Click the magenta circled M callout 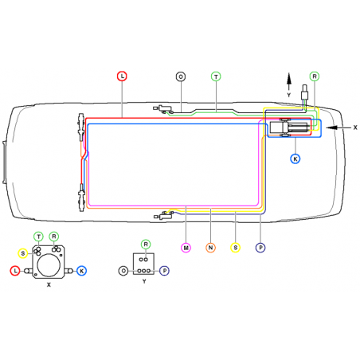point(186,248)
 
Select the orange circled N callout point(211,248)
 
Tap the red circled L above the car point(122,76)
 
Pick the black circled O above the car point(181,76)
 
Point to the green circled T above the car point(216,76)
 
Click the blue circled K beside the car point(295,159)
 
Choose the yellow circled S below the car point(236,248)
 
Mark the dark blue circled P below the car point(260,248)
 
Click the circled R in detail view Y point(145,244)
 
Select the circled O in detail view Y point(123,271)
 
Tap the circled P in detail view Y point(164,271)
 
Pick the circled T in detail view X point(38,237)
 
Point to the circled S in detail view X point(23,253)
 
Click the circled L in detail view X point(15,272)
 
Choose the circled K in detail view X point(82,272)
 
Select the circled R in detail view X point(54,237)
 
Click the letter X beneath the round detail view point(49,284)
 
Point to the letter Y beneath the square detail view point(144,281)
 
